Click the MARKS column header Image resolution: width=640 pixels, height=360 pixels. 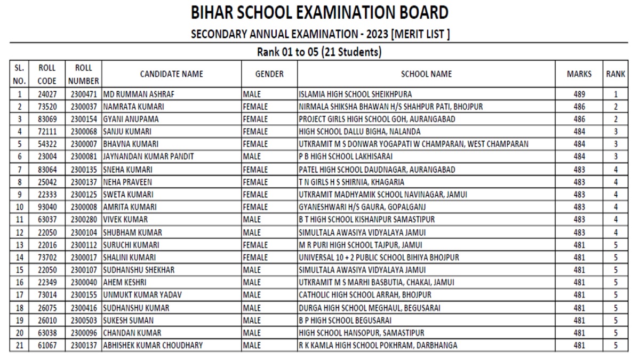pos(579,75)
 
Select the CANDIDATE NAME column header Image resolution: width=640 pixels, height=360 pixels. pos(171,75)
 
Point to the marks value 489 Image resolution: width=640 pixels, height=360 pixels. pos(579,94)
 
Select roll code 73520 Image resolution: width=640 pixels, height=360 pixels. pos(46,107)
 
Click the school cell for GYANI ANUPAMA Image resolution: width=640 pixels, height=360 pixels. pos(377,119)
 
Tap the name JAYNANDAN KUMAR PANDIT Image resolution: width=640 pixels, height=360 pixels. pos(149,156)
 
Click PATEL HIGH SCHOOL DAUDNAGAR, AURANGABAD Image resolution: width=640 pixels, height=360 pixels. pos(377,170)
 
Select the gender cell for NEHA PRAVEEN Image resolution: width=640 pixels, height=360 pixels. pos(255,182)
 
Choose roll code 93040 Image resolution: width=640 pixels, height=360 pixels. pos(46,206)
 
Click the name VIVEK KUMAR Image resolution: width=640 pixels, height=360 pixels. pos(125,219)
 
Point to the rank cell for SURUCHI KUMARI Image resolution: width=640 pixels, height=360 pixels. pos(615,244)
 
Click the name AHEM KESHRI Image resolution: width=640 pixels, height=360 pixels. pos(125,282)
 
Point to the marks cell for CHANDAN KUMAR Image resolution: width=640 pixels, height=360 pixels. pos(579,333)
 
